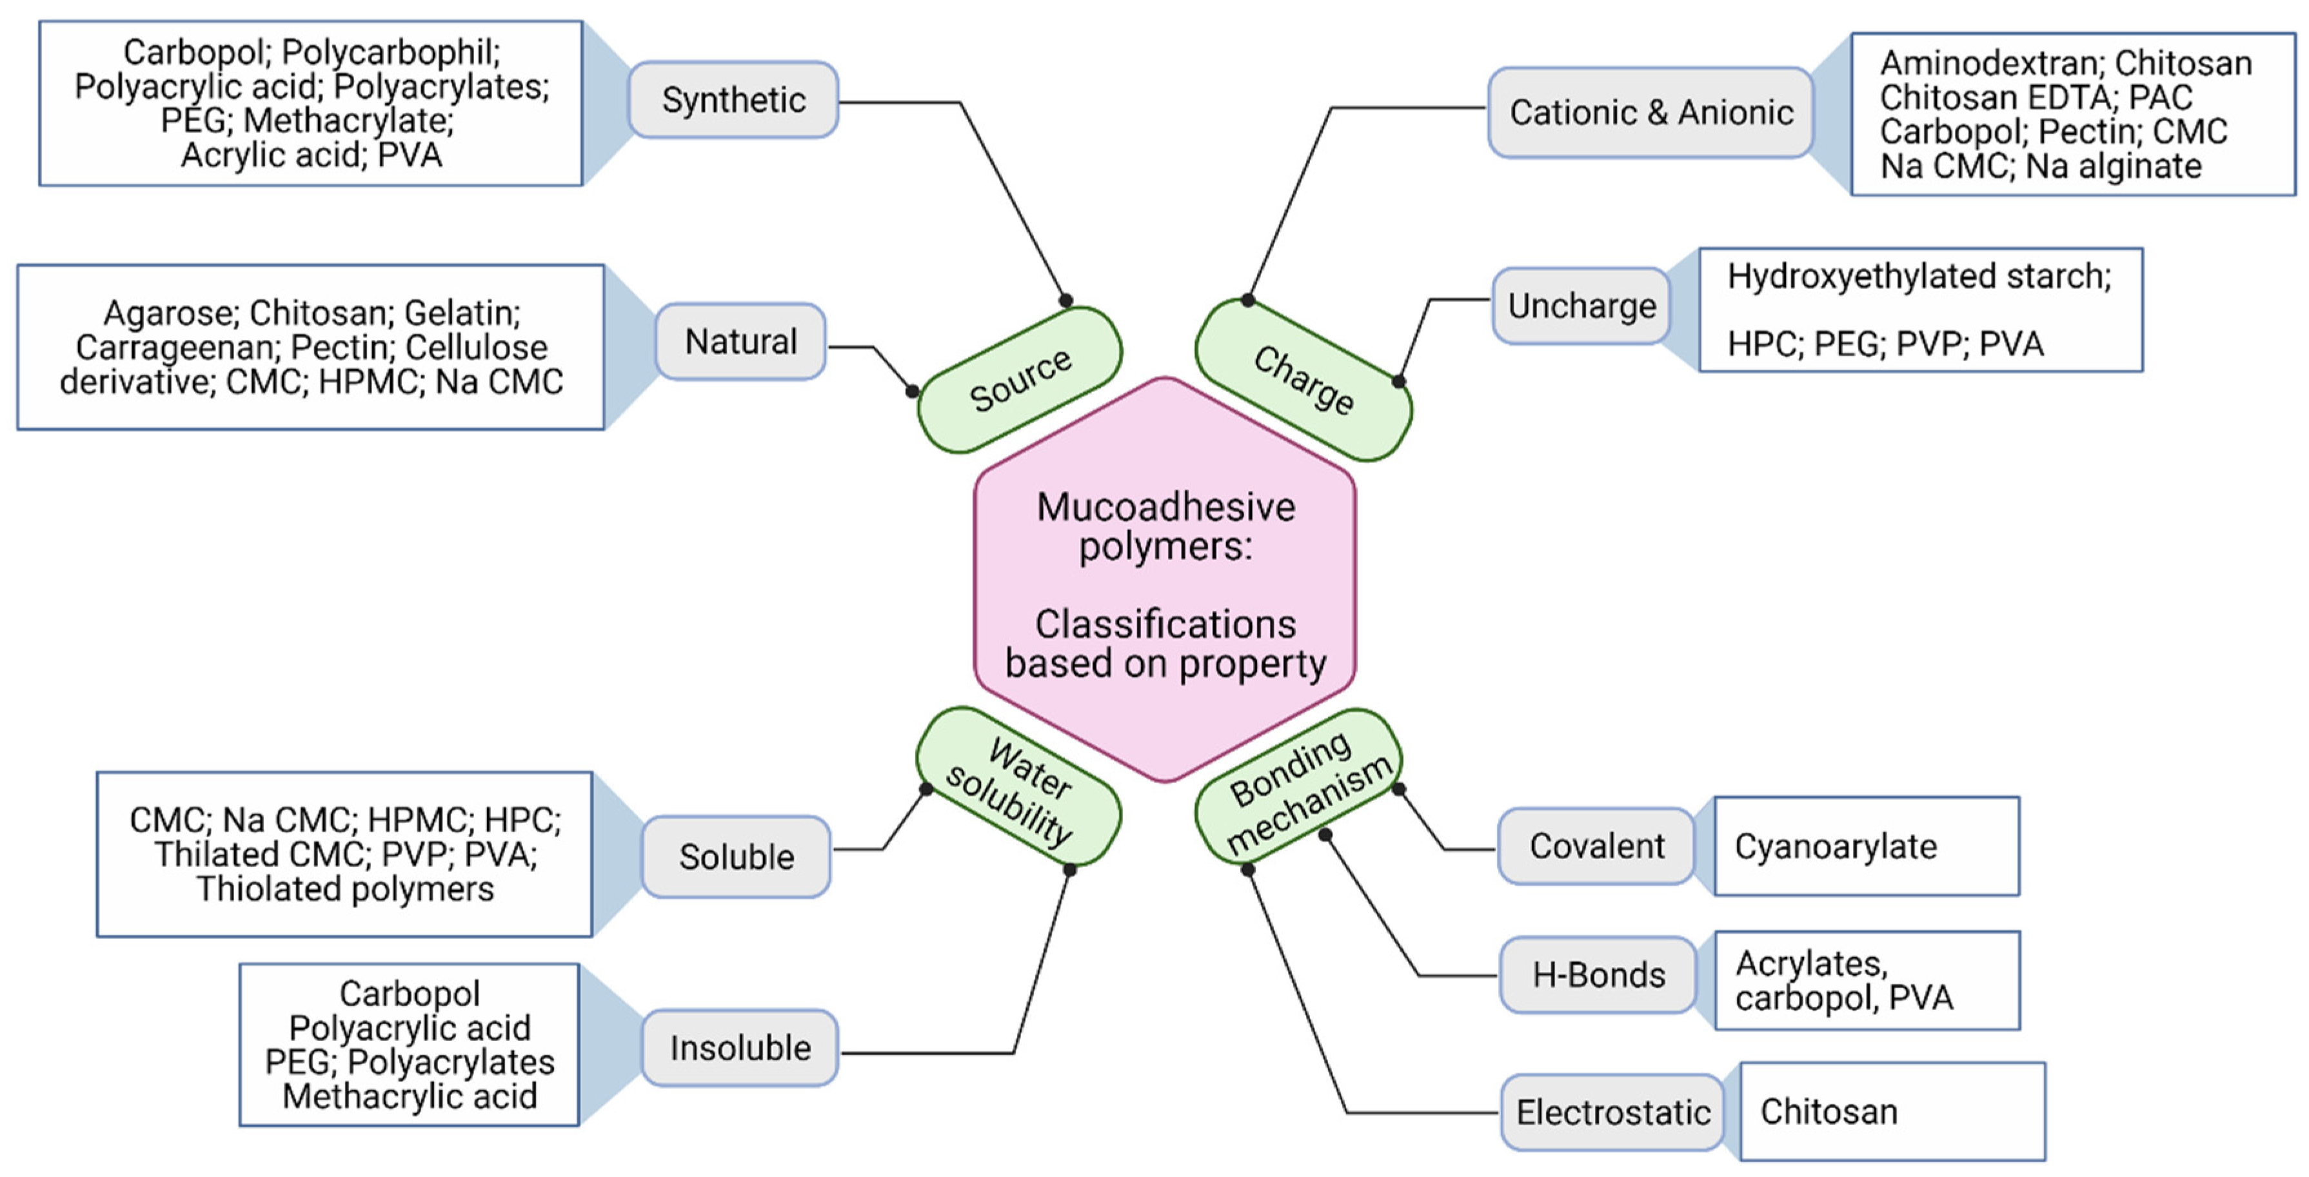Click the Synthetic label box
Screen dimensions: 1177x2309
(x=733, y=99)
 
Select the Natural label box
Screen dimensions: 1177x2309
(x=740, y=342)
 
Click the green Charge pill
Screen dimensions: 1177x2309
(x=1303, y=380)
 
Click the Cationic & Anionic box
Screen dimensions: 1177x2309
(x=1651, y=113)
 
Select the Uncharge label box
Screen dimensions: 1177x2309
(x=1581, y=306)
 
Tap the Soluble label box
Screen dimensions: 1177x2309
(x=736, y=857)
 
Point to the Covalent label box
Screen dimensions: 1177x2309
(x=1596, y=846)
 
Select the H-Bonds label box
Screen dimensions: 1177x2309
(x=1598, y=975)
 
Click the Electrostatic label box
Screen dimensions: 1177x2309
(x=1612, y=1113)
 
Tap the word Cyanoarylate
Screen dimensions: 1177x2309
(x=1835, y=847)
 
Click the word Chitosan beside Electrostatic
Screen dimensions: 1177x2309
(x=1828, y=1112)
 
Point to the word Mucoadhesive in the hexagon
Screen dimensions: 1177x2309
(x=1165, y=508)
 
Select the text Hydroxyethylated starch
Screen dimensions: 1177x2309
(x=1918, y=276)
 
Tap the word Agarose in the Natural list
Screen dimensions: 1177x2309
(x=170, y=313)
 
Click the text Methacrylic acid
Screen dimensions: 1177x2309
(x=410, y=1096)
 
